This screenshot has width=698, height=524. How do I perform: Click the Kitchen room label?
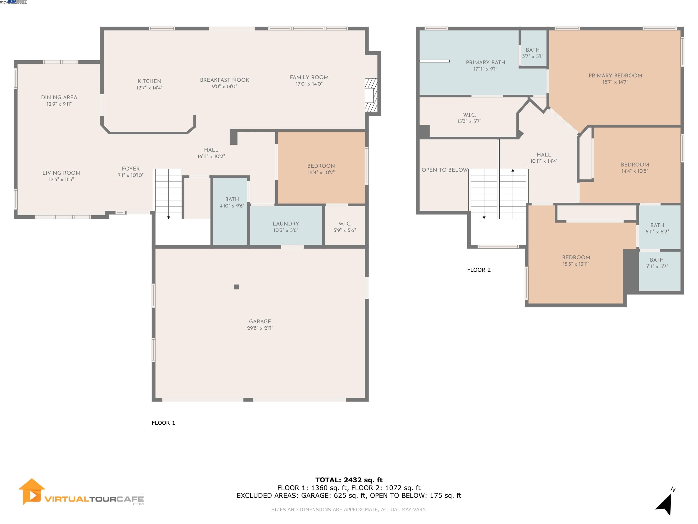[149, 81]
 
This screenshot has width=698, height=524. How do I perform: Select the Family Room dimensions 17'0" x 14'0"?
[309, 84]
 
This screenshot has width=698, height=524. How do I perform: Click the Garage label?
[260, 321]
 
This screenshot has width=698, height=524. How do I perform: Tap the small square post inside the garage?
[236, 287]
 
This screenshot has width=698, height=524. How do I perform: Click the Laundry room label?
[286, 224]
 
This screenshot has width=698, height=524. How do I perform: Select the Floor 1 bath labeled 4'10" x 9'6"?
[232, 202]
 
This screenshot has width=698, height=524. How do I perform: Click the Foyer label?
[131, 169]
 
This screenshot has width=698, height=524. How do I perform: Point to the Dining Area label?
[59, 97]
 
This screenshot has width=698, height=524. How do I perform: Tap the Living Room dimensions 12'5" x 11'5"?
[61, 179]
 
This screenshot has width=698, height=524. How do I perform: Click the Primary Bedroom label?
[615, 76]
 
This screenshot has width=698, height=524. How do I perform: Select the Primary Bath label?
[485, 63]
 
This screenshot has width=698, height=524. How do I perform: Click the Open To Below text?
[444, 170]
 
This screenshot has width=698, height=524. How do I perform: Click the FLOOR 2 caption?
[479, 270]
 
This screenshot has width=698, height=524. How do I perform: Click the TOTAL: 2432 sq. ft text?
[349, 480]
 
